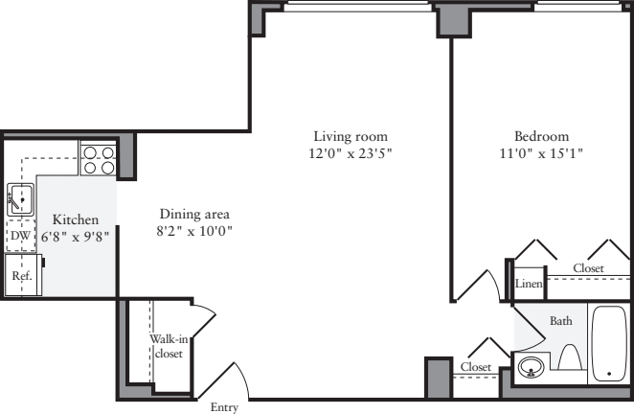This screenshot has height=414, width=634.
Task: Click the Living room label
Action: coord(351,136)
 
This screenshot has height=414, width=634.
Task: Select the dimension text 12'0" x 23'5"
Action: coord(351,152)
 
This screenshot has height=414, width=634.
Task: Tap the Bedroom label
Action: coord(541,136)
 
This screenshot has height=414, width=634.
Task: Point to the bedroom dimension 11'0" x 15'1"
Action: coord(541,152)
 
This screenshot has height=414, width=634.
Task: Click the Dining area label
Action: coord(194,214)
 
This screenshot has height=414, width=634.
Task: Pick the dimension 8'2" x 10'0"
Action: coord(194,231)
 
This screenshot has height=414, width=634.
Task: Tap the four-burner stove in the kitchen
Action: coord(98,158)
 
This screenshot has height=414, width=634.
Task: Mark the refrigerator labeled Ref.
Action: coord(21,276)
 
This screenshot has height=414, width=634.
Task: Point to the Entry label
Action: coord(225,406)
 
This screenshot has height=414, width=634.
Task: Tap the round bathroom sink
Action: coord(530,366)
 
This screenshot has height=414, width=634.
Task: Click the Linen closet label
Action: coord(530,284)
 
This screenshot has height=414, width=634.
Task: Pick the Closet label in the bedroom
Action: coord(588,268)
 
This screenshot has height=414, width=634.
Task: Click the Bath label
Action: coord(560,321)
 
